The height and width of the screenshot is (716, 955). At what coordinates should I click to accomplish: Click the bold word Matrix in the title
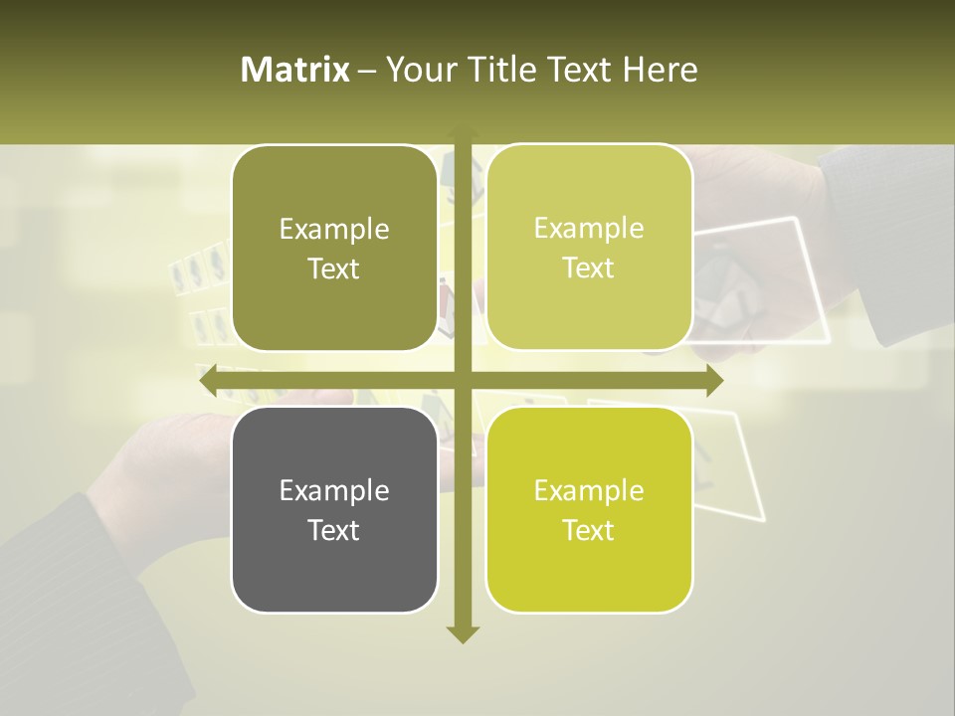point(295,70)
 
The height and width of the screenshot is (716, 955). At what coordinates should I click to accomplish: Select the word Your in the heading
point(418,70)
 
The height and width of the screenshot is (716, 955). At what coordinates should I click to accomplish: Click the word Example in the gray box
point(334,490)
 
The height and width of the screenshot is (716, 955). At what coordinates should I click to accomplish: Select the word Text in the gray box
point(334,530)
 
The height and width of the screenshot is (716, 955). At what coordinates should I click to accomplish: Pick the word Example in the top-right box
point(589,228)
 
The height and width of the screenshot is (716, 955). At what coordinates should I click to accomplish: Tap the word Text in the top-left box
point(334,268)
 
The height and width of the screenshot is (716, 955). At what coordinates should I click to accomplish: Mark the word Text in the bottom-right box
point(589,530)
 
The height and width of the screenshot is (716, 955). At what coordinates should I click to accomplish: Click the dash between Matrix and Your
point(367,71)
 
